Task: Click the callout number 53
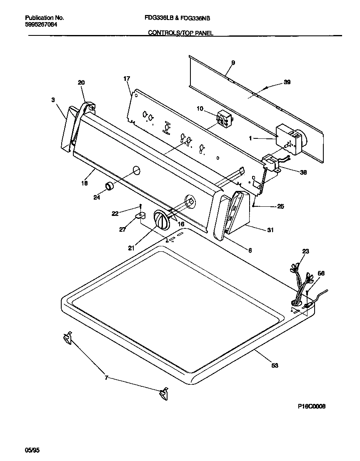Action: (275, 366)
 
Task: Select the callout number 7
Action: (107, 378)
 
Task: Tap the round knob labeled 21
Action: (161, 219)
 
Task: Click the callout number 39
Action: (287, 82)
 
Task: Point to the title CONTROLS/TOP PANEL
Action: (181, 33)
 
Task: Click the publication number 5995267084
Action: (41, 25)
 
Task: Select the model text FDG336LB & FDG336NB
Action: (180, 18)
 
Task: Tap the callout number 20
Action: (81, 83)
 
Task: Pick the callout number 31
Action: (270, 230)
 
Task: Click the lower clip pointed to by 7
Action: (162, 393)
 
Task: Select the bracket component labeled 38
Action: (271, 163)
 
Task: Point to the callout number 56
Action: (321, 273)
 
